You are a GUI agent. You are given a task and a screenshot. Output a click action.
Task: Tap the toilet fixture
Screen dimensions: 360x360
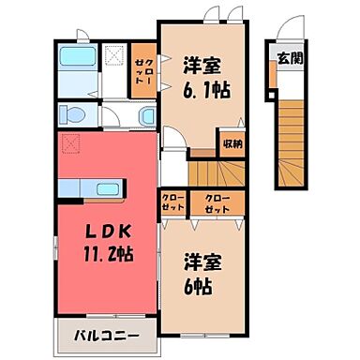tap(71, 115)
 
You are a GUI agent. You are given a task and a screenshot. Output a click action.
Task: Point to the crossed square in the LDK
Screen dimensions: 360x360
tap(67, 143)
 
